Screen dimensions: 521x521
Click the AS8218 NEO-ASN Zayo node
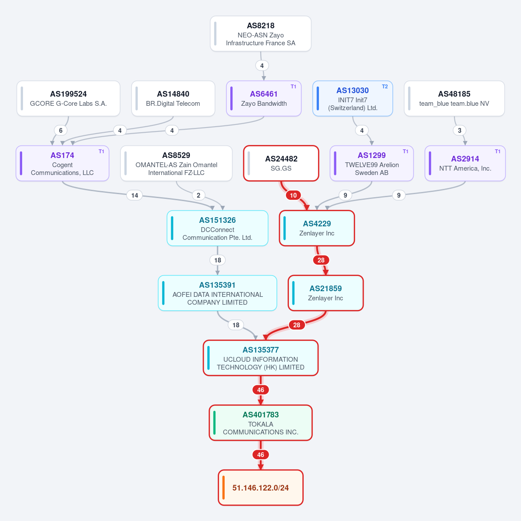(261, 34)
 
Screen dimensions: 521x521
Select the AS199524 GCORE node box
(69, 98)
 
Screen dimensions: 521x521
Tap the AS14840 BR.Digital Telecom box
(173, 98)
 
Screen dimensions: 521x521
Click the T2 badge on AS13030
(385, 87)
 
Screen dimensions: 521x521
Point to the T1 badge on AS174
(101, 151)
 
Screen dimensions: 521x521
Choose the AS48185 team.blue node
(454, 98)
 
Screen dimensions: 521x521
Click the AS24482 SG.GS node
(281, 163)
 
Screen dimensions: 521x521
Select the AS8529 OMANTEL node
(176, 163)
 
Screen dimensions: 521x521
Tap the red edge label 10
(293, 195)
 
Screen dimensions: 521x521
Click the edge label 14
(135, 195)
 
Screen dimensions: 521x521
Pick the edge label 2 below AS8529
(199, 195)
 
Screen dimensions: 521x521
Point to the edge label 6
(60, 131)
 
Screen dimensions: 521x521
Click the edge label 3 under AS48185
(460, 131)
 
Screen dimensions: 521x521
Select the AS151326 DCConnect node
(217, 228)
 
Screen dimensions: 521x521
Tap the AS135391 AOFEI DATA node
(217, 293)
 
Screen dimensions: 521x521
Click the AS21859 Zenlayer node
(325, 293)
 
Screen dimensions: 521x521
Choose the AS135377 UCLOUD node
(261, 358)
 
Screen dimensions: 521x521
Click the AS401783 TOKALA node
(261, 423)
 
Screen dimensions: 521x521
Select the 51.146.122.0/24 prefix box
(261, 488)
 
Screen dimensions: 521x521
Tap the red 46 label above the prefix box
(261, 455)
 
